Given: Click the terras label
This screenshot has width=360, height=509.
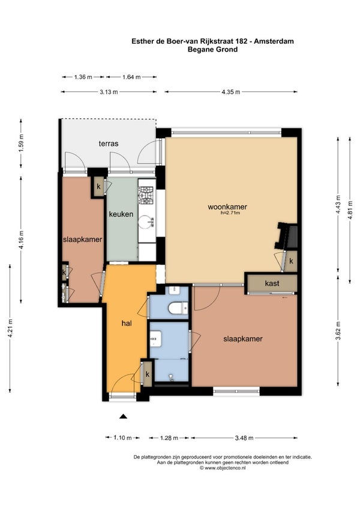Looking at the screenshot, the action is [x=109, y=143].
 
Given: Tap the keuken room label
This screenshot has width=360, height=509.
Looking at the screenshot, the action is [x=121, y=214].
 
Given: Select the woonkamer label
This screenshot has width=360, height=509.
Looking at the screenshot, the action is [x=227, y=206].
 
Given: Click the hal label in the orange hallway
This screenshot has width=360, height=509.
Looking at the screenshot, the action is [x=127, y=324].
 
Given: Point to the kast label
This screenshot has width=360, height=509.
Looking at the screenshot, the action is [x=272, y=283].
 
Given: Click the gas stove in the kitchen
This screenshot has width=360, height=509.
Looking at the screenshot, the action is [x=146, y=195].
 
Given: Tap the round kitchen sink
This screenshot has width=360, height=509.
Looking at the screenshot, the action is [x=146, y=222].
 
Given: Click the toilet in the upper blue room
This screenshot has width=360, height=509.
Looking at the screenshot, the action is [x=178, y=308].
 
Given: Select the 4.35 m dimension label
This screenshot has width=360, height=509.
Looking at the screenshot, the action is [x=231, y=92].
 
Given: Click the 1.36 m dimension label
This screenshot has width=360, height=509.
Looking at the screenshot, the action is [x=83, y=77].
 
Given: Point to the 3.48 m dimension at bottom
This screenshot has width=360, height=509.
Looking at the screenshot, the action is [x=244, y=438].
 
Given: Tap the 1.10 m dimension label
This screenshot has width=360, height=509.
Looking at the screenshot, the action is [x=122, y=438].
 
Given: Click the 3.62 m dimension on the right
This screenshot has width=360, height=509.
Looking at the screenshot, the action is [x=338, y=331].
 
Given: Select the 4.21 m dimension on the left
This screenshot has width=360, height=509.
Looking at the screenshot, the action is [x=10, y=328].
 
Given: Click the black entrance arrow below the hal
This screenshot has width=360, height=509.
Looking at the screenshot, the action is [x=123, y=417].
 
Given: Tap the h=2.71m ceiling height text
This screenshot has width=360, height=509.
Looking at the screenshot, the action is [x=230, y=213].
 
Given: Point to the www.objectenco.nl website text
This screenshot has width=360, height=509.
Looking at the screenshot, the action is [x=223, y=468].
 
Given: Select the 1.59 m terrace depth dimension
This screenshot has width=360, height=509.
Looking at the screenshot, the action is [x=21, y=143].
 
